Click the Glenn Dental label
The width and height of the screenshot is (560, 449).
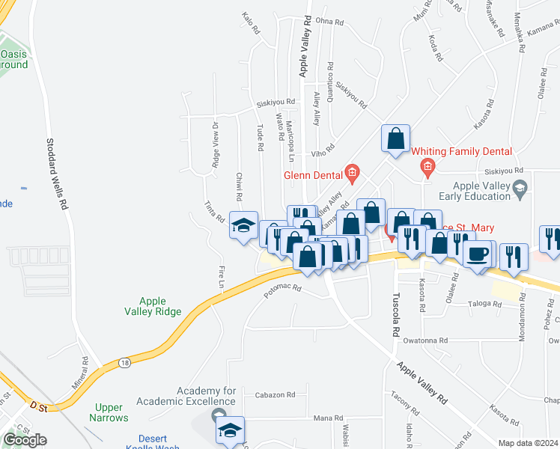313,176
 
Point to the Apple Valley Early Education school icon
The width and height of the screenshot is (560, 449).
519,186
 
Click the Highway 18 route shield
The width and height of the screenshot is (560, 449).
124,362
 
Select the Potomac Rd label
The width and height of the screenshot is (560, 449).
282,290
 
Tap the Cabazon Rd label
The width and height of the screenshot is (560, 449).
276,394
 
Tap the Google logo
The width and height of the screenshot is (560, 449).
25,439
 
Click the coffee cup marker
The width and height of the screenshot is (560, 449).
476,253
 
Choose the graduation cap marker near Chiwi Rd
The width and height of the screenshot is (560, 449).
243,224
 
